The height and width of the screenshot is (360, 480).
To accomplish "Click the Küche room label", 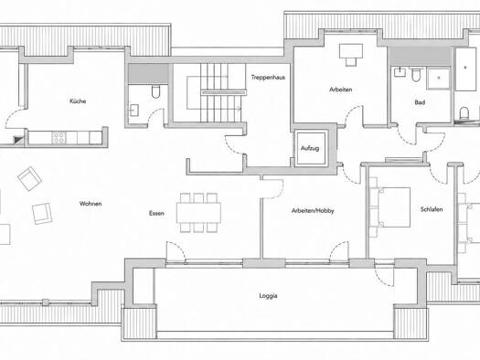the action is point(78,101).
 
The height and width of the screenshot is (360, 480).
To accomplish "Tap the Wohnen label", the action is point(91,204).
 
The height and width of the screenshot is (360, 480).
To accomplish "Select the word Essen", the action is point(156,213).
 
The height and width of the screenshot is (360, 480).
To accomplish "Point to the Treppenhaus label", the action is point(268,77).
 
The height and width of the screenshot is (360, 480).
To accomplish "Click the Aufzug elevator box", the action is point(310,148).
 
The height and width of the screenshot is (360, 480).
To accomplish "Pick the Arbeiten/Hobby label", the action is point(313,211).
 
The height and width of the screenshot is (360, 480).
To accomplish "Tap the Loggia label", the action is point(268,296).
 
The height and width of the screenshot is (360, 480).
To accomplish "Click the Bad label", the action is point(420,102).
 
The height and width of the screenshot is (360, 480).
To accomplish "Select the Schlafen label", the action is point(432,209).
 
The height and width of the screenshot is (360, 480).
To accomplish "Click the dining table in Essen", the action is point(198,213).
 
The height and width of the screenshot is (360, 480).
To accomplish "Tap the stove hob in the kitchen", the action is point(59,138).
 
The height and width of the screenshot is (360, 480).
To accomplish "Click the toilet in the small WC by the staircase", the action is point(155,91).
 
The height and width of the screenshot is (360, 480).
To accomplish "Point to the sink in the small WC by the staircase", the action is point(134,111).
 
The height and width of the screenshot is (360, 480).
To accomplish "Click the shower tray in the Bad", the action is point(438,79).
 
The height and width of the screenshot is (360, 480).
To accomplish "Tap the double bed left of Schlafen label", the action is point(394,207).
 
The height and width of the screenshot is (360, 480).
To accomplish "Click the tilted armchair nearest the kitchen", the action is point(29,178).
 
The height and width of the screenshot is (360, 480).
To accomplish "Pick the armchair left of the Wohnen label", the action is point(42,214).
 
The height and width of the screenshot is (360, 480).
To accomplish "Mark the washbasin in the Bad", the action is point(400,72).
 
